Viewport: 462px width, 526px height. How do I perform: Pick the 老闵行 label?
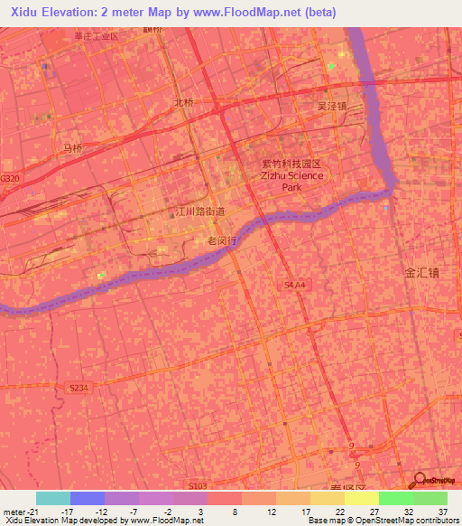tap(221, 241)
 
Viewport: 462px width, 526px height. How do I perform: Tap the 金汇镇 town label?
tap(421, 271)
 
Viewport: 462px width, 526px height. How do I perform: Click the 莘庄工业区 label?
tap(97, 36)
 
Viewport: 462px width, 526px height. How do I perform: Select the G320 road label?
tap(10, 179)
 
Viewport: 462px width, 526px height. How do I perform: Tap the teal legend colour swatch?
tap(52, 498)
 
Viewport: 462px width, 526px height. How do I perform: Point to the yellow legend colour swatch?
tap(361, 498)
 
